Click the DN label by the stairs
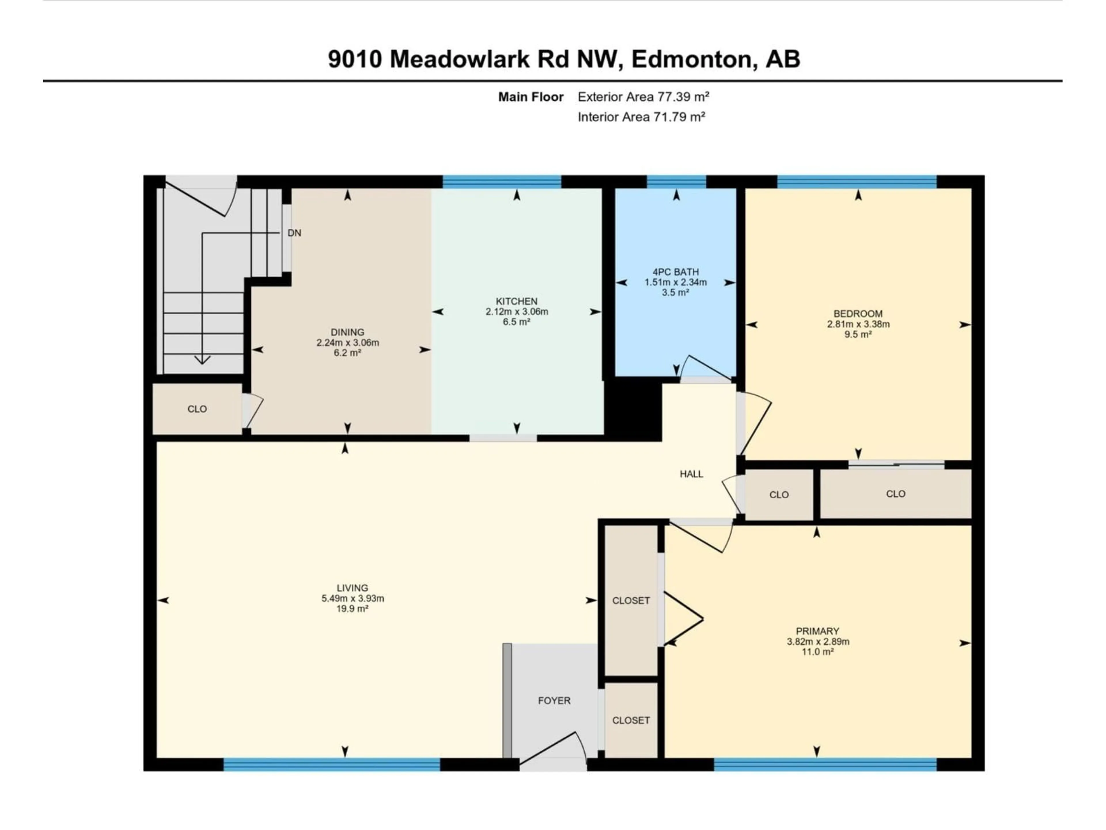pos(294,233)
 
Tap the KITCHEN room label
pos(516,301)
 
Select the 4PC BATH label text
pos(675,272)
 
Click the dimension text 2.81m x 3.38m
pos(858,324)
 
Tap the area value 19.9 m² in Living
pos(353,609)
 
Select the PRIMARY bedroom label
pos(817,631)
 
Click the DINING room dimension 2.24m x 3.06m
pos(348,343)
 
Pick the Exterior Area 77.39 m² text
pos(643,97)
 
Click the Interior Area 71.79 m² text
pos(641,117)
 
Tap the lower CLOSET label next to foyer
pos(631,720)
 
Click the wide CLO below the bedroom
pos(895,494)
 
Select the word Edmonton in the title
pos(692,59)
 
